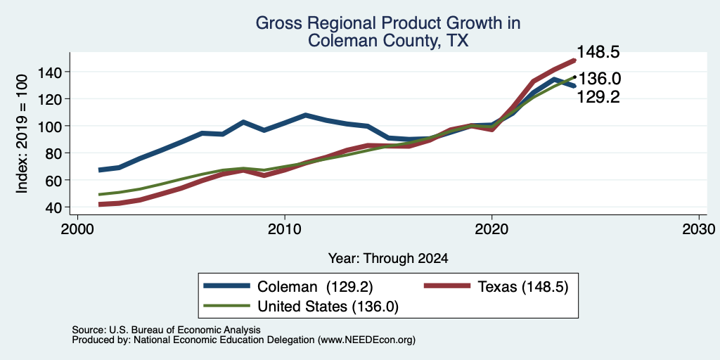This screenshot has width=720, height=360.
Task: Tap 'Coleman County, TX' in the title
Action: (388, 40)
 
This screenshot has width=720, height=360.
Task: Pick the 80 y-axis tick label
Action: (54, 153)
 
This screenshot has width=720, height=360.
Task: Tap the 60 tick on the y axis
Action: (54, 180)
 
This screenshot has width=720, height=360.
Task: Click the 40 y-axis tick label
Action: (54, 207)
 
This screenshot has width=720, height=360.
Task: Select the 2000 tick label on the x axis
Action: (77, 229)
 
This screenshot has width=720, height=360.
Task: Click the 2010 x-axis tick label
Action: (285, 229)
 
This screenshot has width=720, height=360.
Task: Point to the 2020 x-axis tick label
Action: (491, 229)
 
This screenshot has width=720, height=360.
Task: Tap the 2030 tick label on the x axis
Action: (699, 229)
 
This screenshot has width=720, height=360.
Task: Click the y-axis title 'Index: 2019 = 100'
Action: (22, 134)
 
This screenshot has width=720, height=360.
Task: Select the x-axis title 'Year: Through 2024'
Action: (388, 259)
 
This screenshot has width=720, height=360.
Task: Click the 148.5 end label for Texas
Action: (598, 52)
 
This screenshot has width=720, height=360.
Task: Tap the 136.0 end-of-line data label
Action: (599, 79)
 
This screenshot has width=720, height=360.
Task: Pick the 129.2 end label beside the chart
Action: (598, 97)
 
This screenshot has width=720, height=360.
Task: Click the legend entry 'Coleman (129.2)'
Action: (315, 287)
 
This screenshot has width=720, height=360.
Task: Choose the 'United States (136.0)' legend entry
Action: (328, 307)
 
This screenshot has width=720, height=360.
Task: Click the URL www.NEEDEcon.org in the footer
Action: (366, 340)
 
